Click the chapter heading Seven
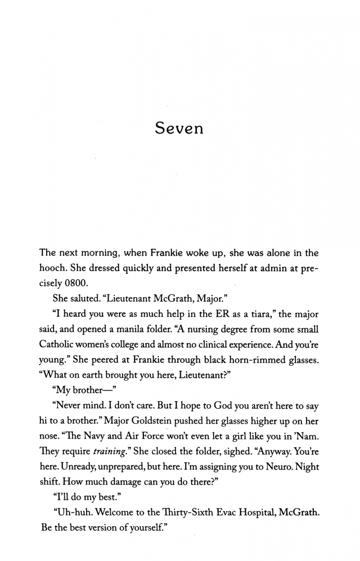(179, 128)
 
